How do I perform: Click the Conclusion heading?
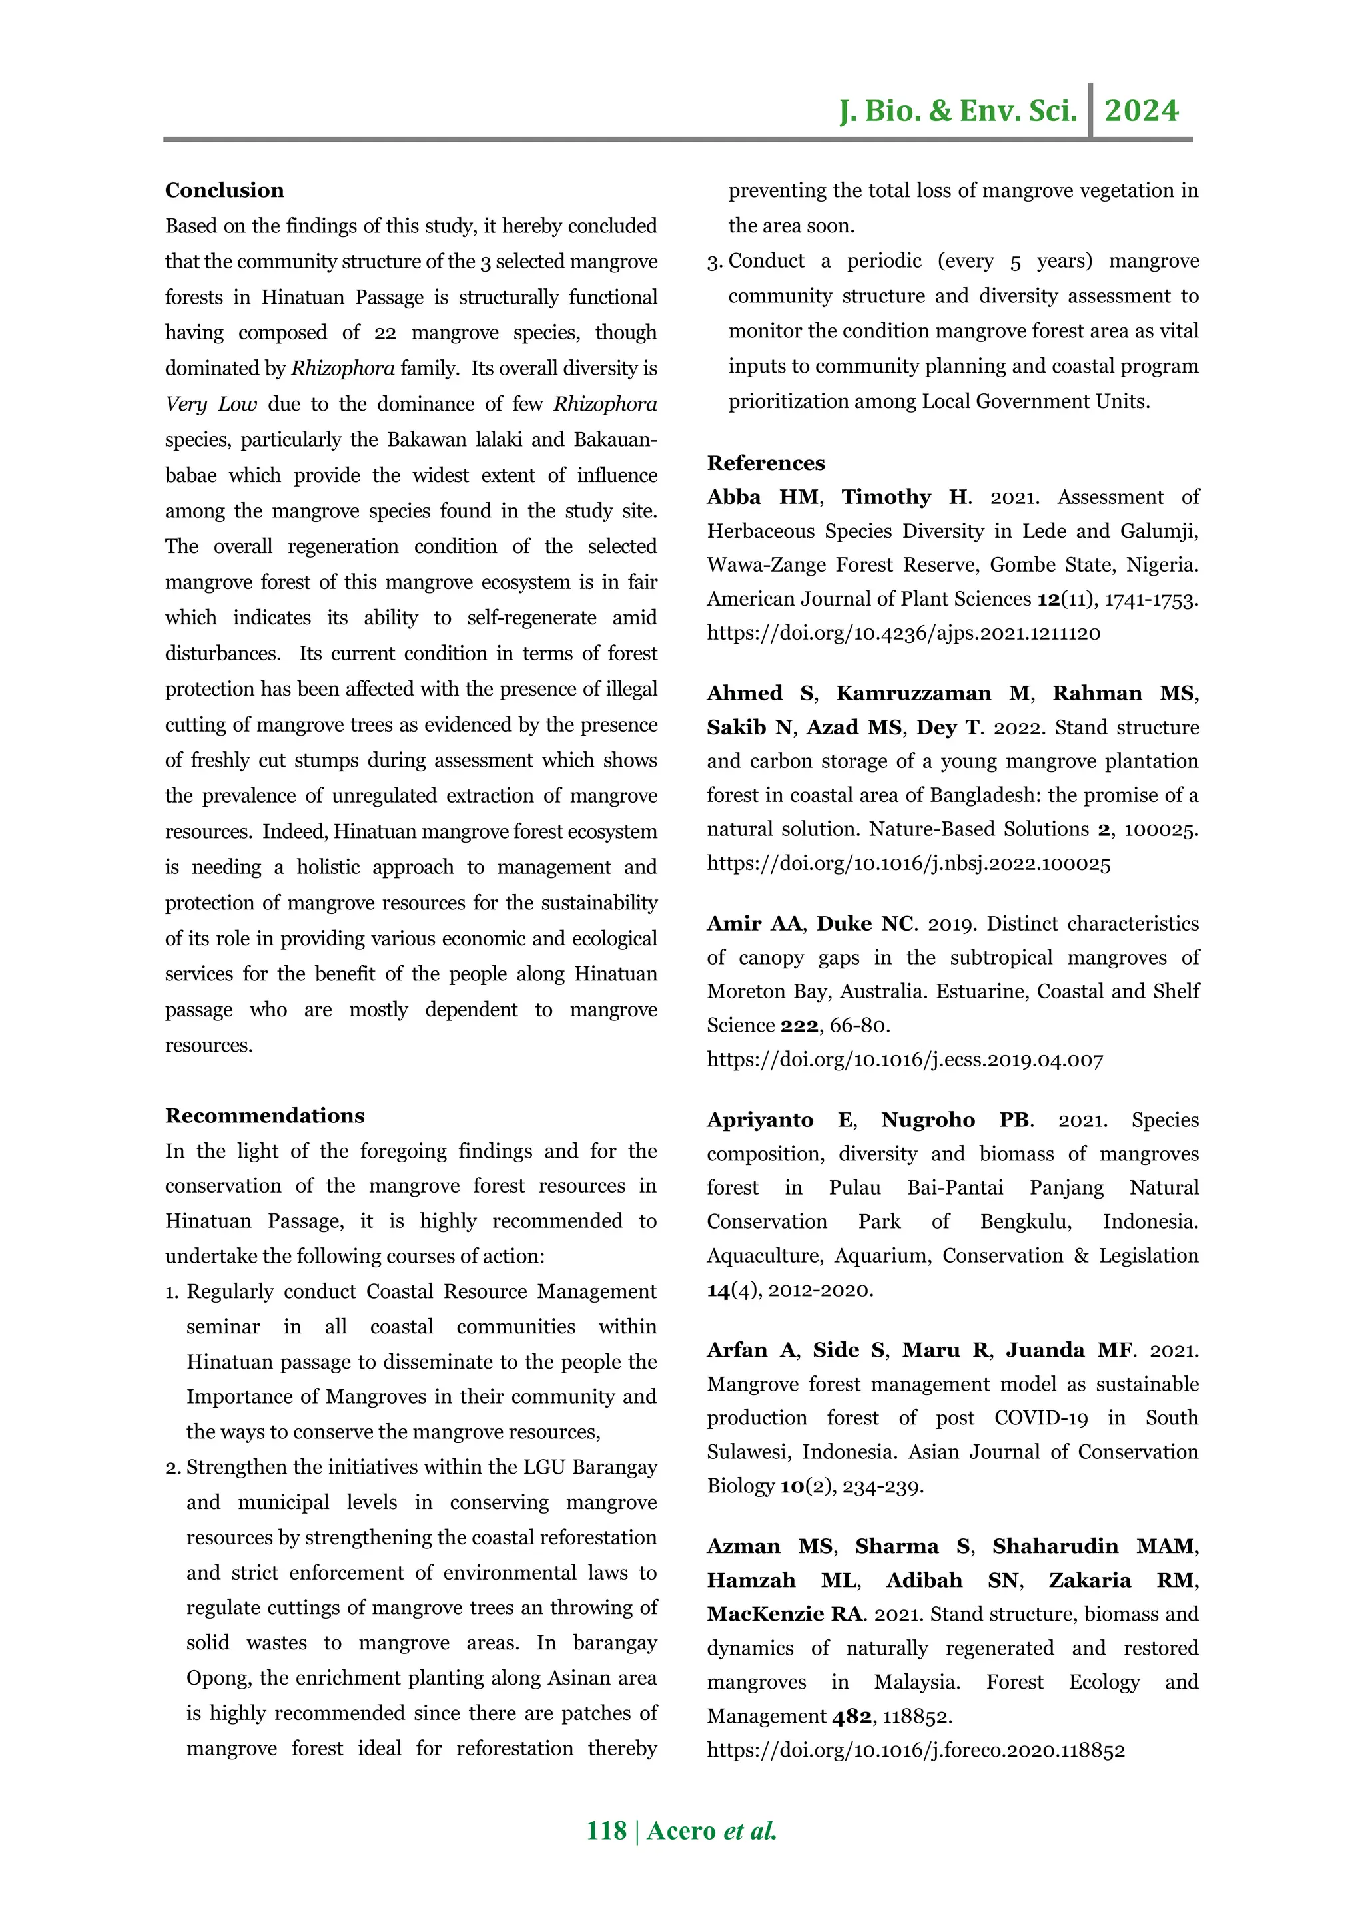224,191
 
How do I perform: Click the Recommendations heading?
264,1116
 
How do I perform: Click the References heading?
766,463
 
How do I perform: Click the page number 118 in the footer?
606,1830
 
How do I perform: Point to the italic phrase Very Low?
211,405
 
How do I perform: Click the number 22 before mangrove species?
385,333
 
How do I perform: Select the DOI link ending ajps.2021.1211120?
904,634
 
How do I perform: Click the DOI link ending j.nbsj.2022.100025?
908,864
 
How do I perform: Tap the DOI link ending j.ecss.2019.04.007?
904,1060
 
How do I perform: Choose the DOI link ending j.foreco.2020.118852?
915,1751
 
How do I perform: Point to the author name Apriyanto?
760,1121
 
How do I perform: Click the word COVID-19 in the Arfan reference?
1040,1418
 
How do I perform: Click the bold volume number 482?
851,1717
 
